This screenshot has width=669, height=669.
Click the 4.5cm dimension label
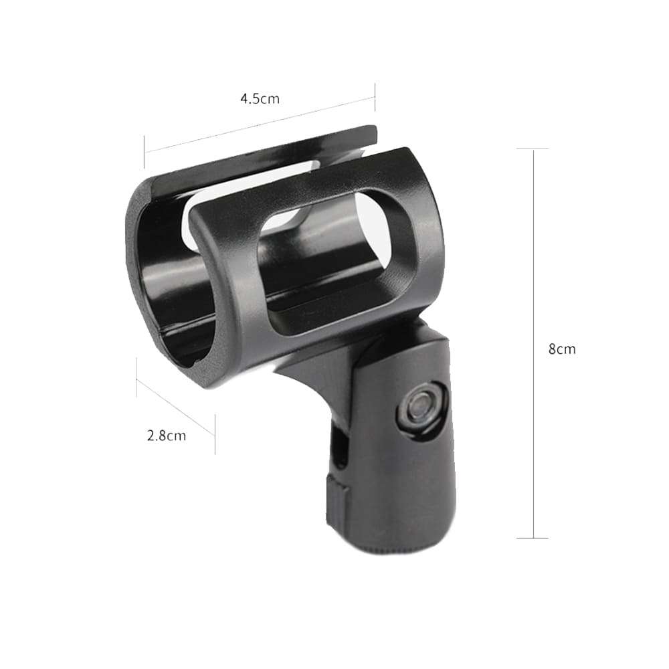pos(260,99)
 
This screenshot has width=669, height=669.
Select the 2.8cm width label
pos(166,436)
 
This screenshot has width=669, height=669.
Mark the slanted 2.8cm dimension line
pos(175,407)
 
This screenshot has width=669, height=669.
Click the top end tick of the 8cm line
pos(533,149)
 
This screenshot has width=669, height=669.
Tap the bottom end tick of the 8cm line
pos(533,537)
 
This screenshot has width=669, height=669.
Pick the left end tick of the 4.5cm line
pos(144,152)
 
